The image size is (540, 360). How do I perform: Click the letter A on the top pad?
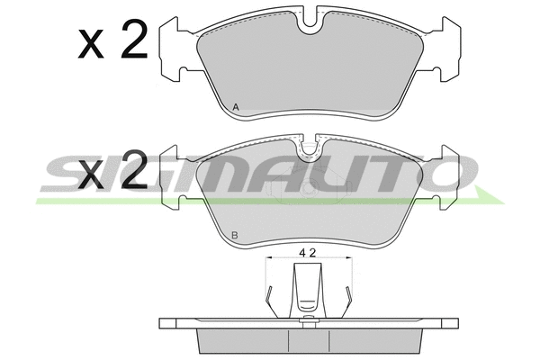point(236,107)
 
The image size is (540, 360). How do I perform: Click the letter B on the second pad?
point(235,236)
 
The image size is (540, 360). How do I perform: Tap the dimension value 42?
point(308,253)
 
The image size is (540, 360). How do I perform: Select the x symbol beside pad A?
point(91,44)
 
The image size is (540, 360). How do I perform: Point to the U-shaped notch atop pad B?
point(309,150)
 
